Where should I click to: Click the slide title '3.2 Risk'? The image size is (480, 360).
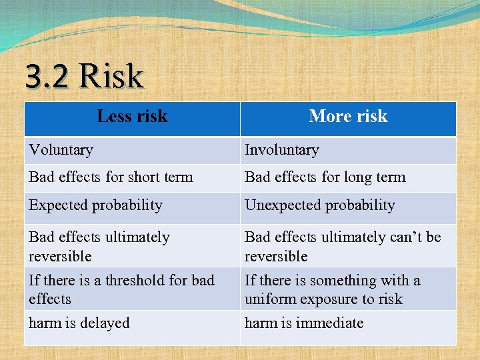tap(85, 76)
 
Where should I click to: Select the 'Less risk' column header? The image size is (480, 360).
tap(132, 117)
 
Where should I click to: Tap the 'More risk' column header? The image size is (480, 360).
tap(348, 117)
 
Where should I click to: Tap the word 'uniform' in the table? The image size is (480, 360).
tap(269, 299)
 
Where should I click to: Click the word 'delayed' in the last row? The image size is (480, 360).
tap(105, 323)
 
